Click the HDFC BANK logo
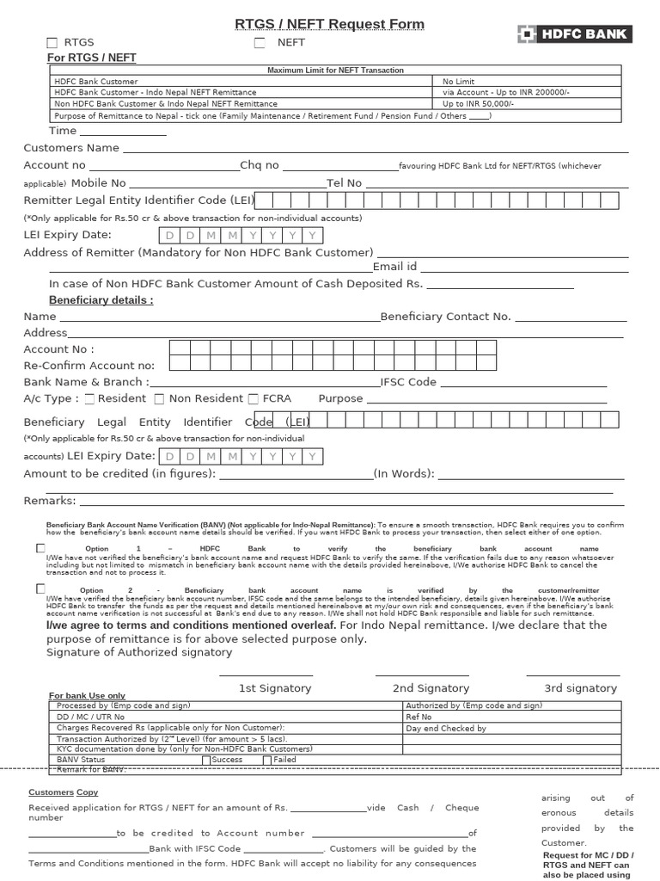[574, 34]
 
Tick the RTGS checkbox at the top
[52, 43]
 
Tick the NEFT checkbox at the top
[260, 43]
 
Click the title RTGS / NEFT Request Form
[330, 24]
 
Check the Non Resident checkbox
[159, 399]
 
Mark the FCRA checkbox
[253, 399]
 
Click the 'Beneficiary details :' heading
[101, 300]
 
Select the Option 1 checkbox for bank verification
[40, 548]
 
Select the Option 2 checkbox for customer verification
[40, 588]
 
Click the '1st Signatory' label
[275, 688]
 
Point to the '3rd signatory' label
[580, 688]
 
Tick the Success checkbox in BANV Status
[206, 761]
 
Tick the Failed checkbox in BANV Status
[267, 761]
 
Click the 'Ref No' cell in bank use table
[419, 717]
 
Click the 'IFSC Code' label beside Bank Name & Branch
[409, 382]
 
